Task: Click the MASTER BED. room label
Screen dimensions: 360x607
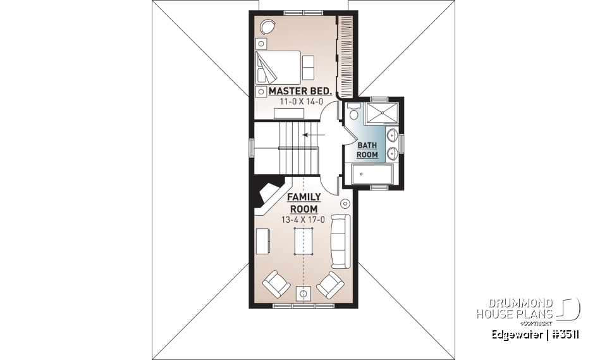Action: click(300, 91)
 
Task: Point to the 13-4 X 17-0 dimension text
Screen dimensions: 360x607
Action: click(303, 220)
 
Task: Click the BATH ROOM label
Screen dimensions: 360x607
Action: click(367, 149)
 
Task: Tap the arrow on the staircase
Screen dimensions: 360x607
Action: click(310, 134)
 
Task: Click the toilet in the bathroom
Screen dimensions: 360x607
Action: click(353, 112)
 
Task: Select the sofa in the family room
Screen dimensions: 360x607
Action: click(340, 241)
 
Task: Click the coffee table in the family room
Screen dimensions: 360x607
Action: click(303, 241)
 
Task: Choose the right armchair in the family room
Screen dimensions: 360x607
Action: click(330, 285)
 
